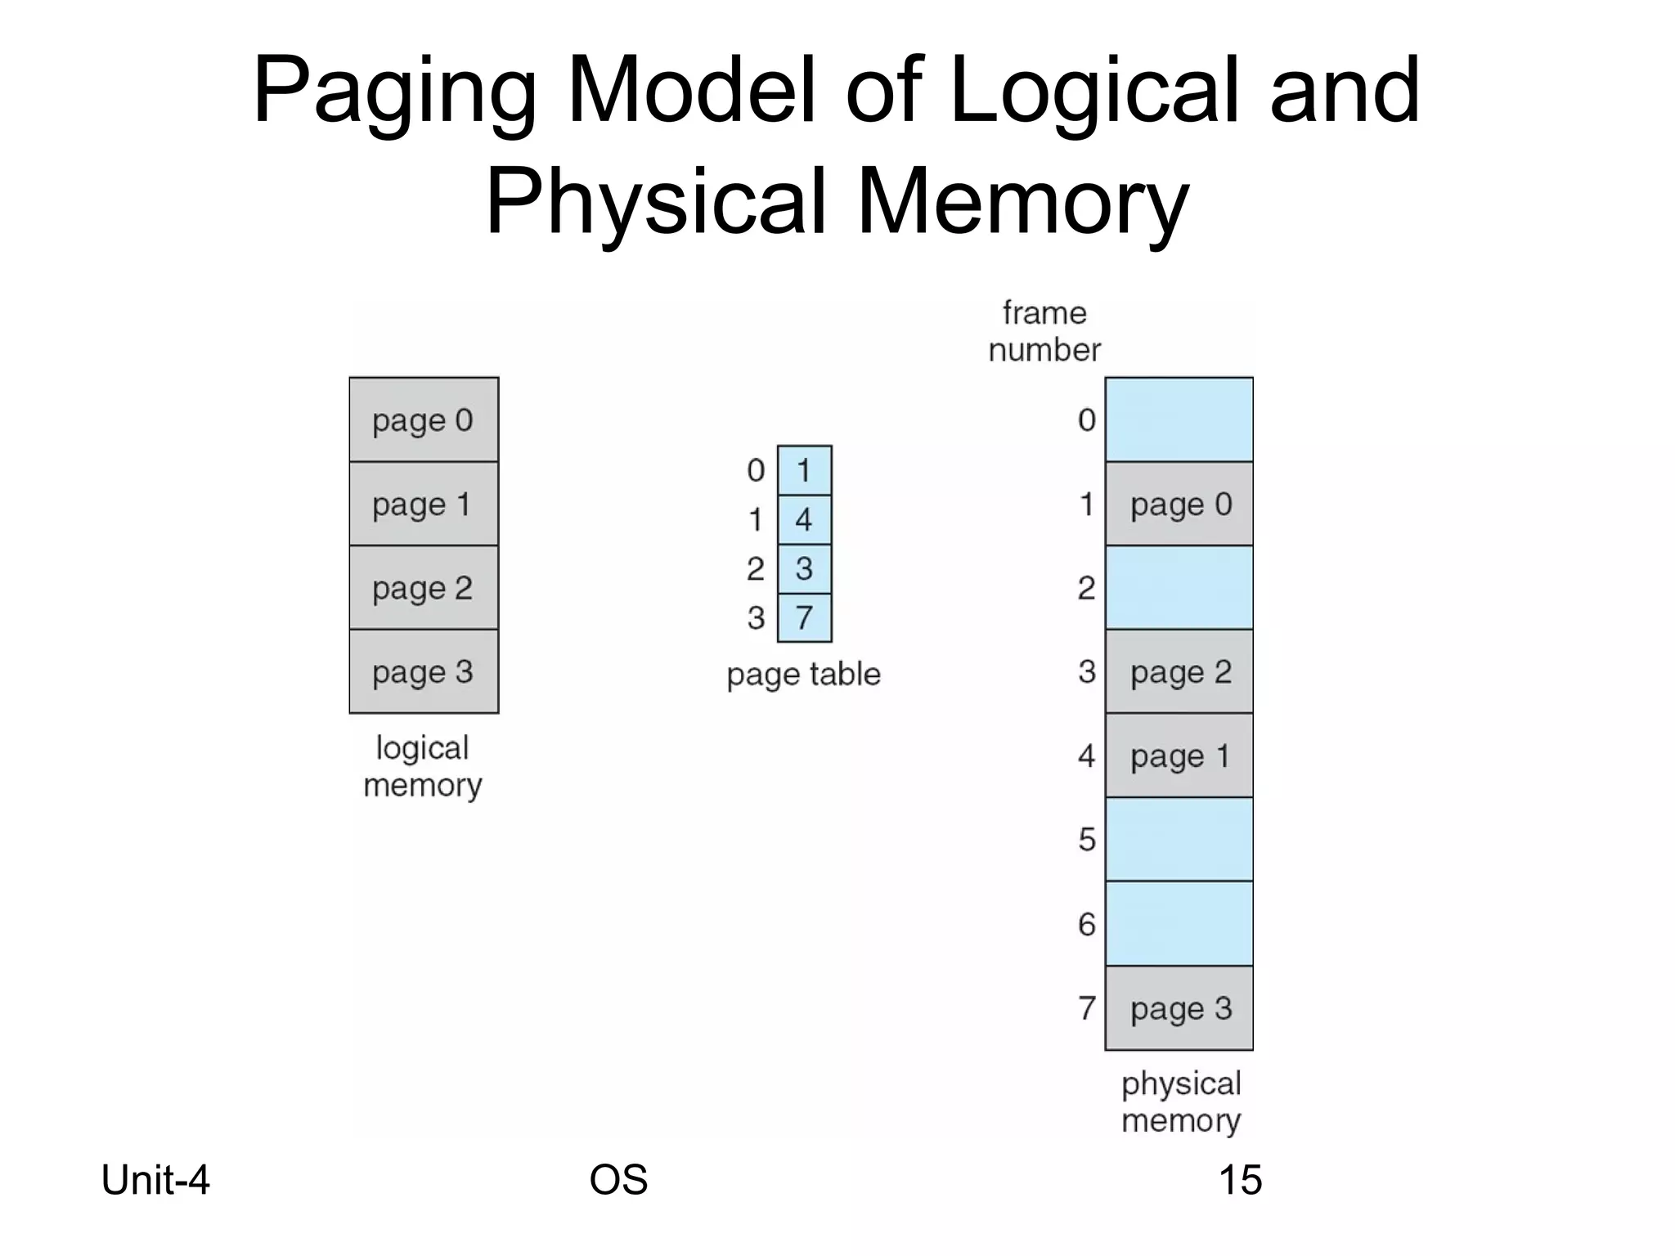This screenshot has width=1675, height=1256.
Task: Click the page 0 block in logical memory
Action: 424,419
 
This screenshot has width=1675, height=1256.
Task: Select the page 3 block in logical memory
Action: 424,671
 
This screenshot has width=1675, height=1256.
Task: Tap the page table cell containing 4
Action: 804,519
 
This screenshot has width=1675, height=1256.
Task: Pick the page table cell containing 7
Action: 804,617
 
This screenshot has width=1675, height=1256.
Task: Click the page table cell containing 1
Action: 804,470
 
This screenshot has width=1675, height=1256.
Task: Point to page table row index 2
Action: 755,568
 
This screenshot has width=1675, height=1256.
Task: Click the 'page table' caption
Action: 803,675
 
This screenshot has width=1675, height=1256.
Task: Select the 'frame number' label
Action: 1044,331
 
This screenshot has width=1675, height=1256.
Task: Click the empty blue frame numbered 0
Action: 1179,419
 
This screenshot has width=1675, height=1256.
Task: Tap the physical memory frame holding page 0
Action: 1179,504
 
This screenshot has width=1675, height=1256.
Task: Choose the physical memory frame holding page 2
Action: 1179,671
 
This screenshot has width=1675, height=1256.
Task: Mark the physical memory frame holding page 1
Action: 1179,756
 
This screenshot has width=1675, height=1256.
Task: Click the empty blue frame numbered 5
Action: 1179,840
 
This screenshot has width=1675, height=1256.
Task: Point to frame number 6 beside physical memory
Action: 1086,924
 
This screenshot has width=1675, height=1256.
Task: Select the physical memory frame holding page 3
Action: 1179,1008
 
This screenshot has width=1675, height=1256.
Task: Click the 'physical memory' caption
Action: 1181,1101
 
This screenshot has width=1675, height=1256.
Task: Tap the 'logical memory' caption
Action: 423,766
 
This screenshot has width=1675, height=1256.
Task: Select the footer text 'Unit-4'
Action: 155,1180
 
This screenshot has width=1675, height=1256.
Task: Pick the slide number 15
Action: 1240,1180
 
